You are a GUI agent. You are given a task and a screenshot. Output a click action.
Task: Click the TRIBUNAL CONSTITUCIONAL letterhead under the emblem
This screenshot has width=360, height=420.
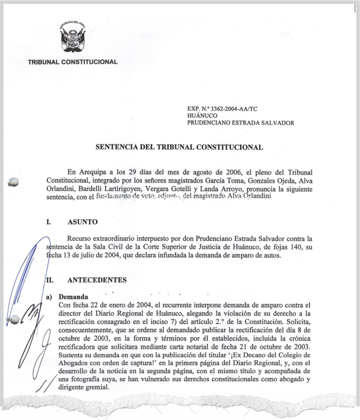coord(73,62)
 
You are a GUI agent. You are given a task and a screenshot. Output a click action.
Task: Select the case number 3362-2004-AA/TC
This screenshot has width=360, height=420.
coord(225,108)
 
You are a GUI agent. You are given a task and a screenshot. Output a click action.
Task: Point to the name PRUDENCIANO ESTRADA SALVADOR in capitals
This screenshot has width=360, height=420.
coord(241,123)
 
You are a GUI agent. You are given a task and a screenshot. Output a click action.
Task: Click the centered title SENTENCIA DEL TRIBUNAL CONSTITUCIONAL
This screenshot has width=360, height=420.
coord(179,147)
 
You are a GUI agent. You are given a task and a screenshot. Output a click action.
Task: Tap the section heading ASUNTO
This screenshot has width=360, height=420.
coord(82,222)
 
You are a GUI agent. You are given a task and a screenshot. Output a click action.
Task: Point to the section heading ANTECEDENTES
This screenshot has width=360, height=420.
coord(97,280)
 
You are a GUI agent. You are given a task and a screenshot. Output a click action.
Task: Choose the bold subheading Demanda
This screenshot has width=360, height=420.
coord(73,297)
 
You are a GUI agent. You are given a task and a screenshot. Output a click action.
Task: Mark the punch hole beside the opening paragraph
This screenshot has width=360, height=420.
coord(14,182)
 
